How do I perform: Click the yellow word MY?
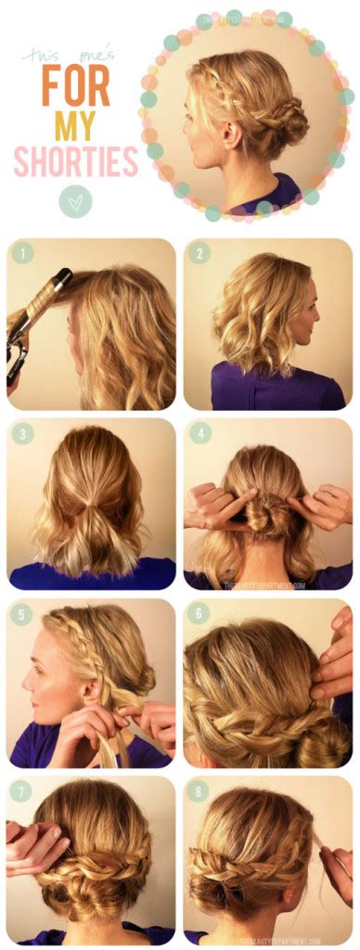coord(76,125)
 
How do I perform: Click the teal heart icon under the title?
coord(75,201)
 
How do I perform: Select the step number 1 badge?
coord(22,252)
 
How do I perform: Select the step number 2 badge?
coord(199,252)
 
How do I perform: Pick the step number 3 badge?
coord(22,432)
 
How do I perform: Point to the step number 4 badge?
coord(199,432)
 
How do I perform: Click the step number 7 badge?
coord(22,791)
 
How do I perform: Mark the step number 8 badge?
coord(199,791)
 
